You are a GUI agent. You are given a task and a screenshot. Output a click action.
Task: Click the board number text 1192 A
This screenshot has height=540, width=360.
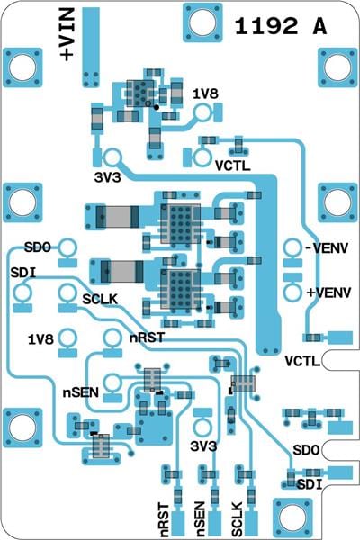pos(281,26)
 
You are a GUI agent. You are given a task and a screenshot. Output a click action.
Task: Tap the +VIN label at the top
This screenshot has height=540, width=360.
pos(67,34)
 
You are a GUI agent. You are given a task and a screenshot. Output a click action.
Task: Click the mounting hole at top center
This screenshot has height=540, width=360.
pos(202,22)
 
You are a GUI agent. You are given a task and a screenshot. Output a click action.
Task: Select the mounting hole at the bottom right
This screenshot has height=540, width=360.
pos(292,517)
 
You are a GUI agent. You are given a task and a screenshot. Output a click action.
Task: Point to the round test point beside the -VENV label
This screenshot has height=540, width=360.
pos(292,248)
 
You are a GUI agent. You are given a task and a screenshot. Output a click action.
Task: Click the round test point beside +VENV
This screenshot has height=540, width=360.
pos(292,292)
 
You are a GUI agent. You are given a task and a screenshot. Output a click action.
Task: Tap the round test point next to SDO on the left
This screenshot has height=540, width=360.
pos(67,248)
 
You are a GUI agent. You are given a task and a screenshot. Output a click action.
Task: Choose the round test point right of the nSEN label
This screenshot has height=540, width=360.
pos(113,382)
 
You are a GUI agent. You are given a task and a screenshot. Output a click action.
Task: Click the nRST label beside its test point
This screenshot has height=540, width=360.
pos(147,337)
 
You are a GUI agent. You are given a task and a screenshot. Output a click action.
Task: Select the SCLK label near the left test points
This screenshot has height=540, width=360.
pos(100,300)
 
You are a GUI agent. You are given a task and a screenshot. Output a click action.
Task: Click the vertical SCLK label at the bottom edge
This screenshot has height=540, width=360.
pos(238,519)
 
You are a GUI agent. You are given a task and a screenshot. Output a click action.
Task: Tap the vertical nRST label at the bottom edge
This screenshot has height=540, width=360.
pos(165,520)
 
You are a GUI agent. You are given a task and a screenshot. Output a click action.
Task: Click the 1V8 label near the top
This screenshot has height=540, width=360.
pos(205,94)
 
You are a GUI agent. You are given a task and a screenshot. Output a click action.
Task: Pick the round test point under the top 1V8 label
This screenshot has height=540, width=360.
pos(202,112)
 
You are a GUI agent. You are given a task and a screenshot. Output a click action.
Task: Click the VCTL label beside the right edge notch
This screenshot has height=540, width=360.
pos(302,361)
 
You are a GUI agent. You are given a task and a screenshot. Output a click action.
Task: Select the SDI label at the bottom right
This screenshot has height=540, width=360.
pos(310,485)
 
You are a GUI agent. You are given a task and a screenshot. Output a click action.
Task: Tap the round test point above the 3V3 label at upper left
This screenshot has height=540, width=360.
pos(113,157)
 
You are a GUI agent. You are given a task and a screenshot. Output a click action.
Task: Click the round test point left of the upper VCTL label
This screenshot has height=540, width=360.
pos(202,157)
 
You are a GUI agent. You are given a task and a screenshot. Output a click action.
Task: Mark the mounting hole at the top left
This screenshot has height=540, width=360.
pos(22,67)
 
